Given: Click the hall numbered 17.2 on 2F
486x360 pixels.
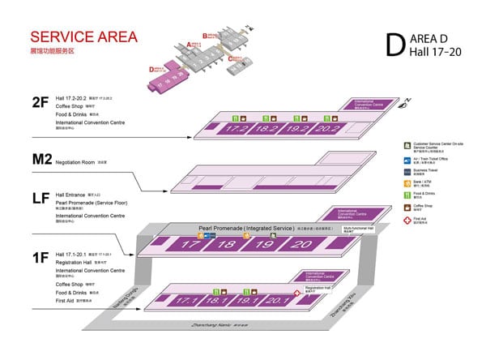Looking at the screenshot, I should tap(237, 128).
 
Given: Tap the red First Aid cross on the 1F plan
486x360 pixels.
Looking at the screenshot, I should tap(297, 292).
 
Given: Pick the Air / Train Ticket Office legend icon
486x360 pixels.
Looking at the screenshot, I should tap(407, 158).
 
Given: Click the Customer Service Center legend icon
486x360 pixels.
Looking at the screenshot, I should tap(407, 144).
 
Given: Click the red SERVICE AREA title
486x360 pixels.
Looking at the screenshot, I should tap(83, 37).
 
